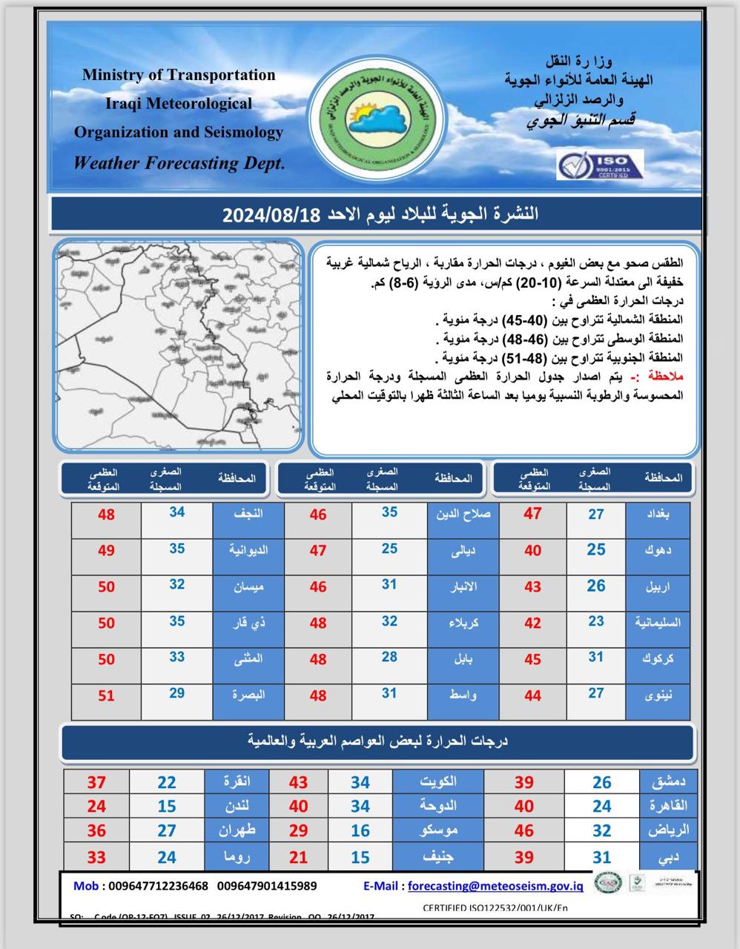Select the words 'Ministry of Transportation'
pyautogui.click(x=179, y=75)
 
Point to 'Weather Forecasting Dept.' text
pyautogui.click(x=179, y=163)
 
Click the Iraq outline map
pyautogui.click(x=178, y=345)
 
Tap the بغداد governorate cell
pyautogui.click(x=658, y=514)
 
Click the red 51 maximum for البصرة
pyautogui.click(x=106, y=695)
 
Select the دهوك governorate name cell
pyautogui.click(x=658, y=550)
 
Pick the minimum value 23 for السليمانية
pyautogui.click(x=596, y=622)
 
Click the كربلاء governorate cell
pyautogui.click(x=463, y=623)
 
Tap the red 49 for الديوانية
pyautogui.click(x=106, y=550)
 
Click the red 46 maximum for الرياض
pyautogui.click(x=524, y=831)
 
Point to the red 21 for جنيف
pyautogui.click(x=298, y=857)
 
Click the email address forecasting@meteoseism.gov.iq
pyautogui.click(x=495, y=885)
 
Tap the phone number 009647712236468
pyautogui.click(x=158, y=885)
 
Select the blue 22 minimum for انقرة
pyautogui.click(x=167, y=782)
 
